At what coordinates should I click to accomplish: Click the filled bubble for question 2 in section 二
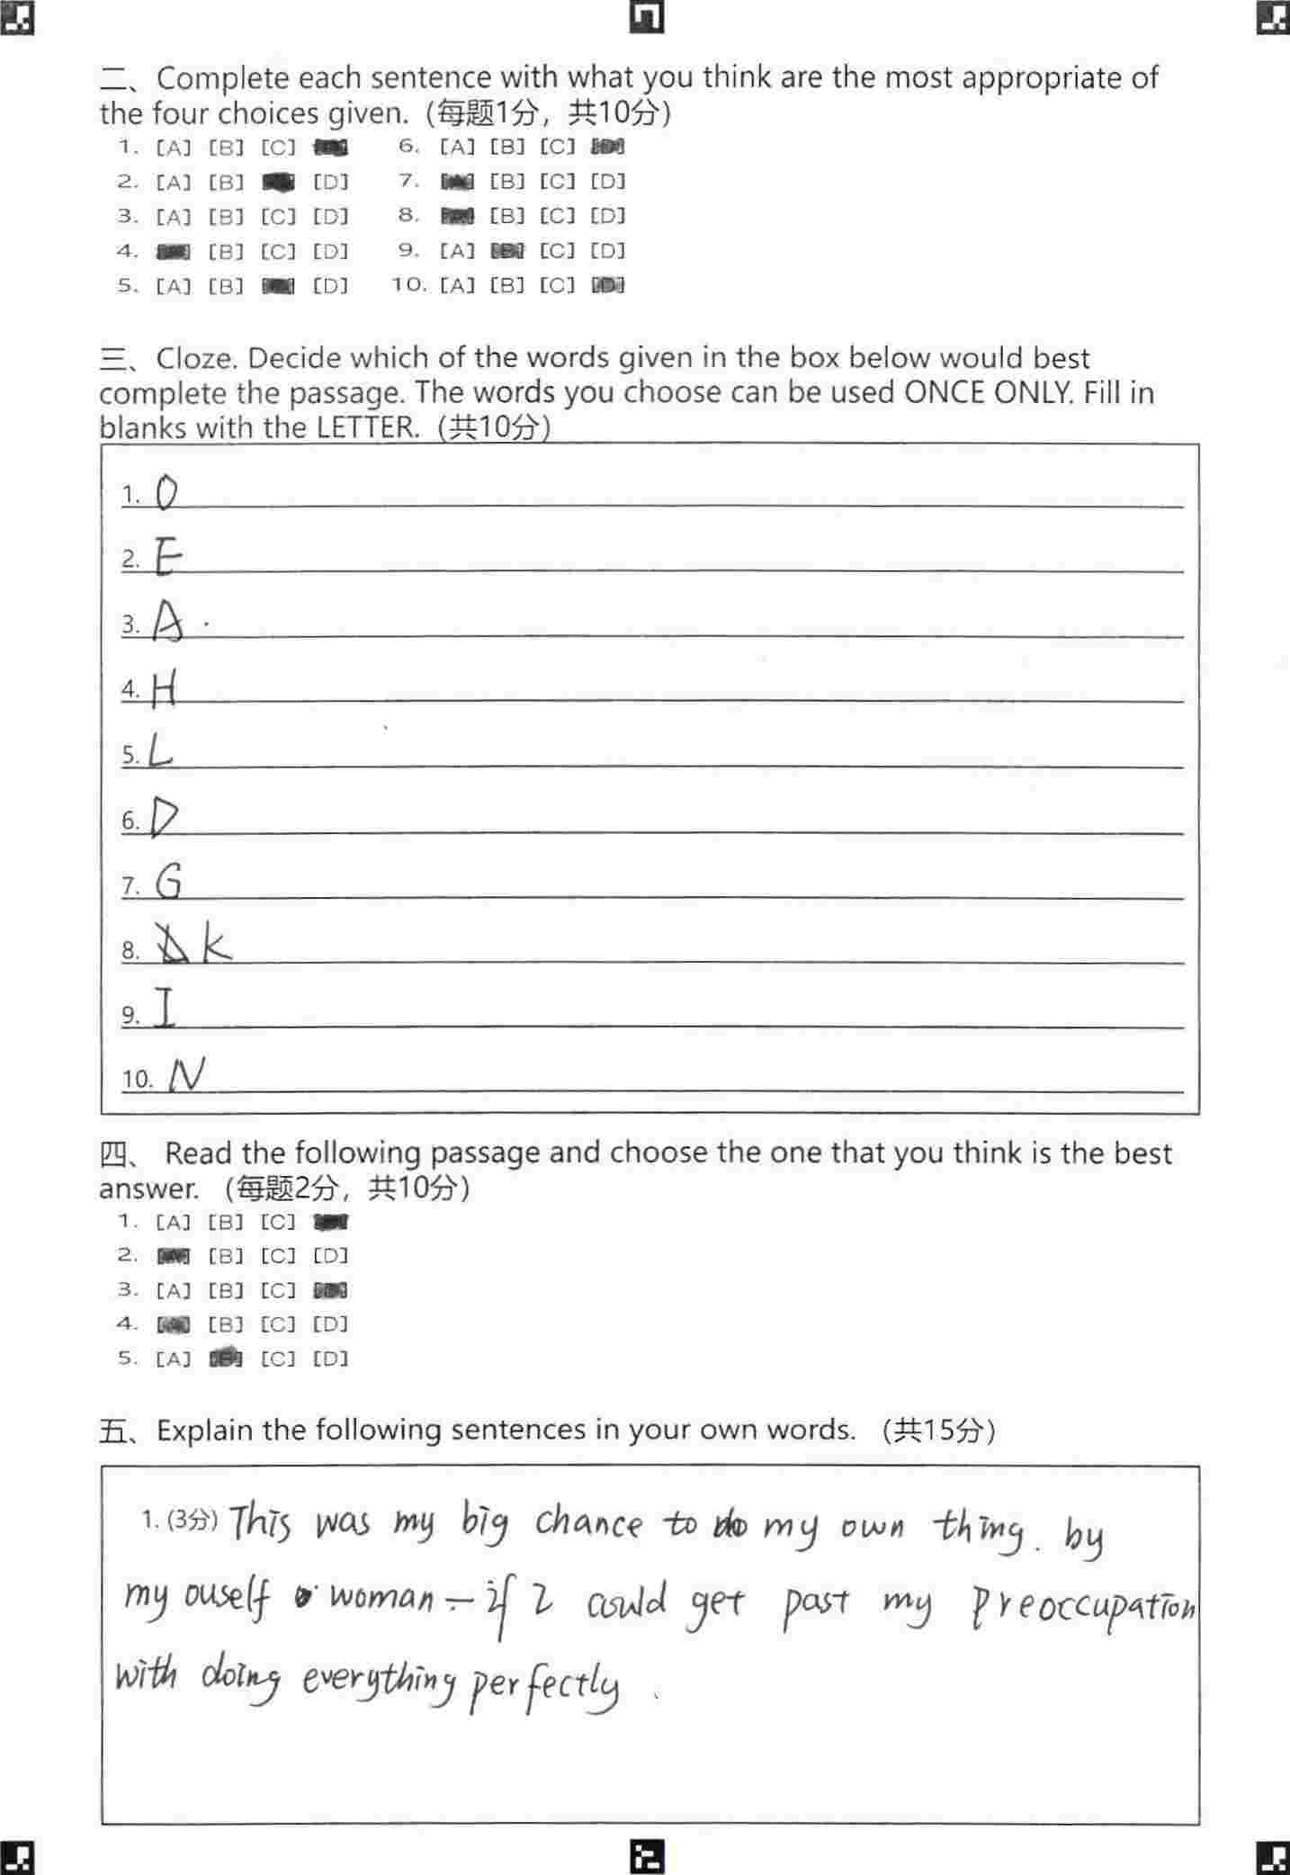coord(278,183)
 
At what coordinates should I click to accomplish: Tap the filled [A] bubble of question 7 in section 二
coord(457,182)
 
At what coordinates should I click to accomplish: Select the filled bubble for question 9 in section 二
coord(506,251)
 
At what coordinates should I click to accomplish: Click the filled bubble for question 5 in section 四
coord(226,1358)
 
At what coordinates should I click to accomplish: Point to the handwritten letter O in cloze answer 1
coord(166,492)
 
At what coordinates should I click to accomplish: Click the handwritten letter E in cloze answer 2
coord(166,557)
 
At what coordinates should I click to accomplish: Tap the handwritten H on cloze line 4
coord(164,689)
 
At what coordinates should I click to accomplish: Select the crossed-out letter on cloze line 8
coord(173,944)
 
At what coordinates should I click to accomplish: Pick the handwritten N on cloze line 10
coord(187,1073)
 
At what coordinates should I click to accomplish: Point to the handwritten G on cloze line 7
coord(168,881)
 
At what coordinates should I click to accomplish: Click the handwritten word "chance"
coord(589,1522)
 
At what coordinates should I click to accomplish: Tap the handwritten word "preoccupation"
coord(1083,1607)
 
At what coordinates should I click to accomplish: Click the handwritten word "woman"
coord(381,1597)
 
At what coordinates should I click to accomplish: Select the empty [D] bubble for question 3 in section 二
coord(330,217)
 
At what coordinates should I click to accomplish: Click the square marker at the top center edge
coord(646,17)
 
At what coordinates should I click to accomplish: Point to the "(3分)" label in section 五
coord(193,1520)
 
